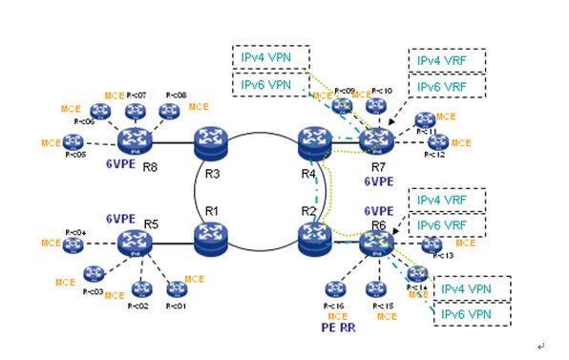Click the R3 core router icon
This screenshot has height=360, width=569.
point(209,143)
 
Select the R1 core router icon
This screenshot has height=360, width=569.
point(209,235)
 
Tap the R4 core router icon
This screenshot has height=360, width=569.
point(312,143)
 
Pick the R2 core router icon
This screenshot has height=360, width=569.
point(312,235)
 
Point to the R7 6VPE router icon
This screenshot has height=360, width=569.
point(376,141)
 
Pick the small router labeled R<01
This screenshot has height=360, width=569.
point(176,288)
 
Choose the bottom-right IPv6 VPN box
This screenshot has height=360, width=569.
point(472,313)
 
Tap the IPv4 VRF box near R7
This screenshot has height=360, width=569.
point(447,59)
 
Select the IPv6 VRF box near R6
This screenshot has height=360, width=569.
point(447,225)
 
